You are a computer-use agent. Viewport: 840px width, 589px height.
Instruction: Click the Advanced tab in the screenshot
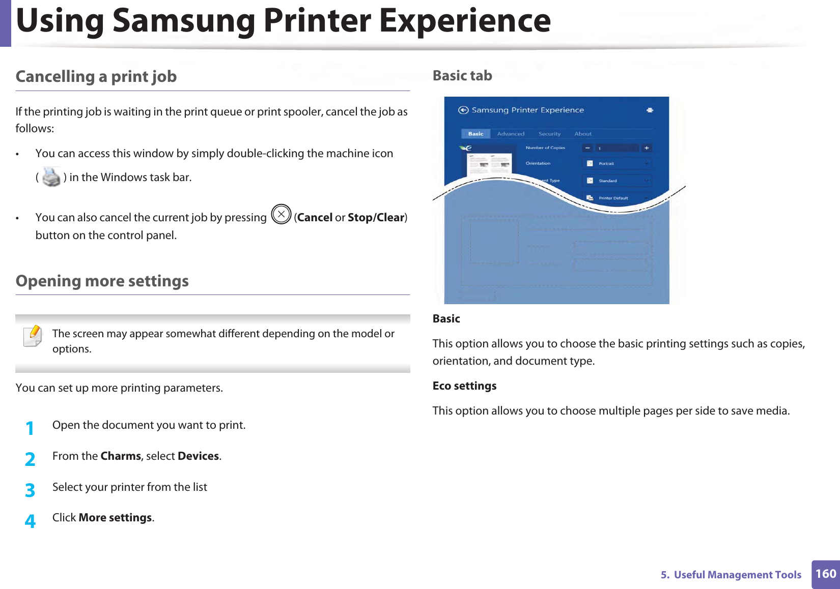click(x=510, y=134)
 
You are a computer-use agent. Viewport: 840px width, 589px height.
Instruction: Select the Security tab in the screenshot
click(x=549, y=134)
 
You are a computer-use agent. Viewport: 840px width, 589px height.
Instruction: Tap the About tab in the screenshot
click(x=583, y=134)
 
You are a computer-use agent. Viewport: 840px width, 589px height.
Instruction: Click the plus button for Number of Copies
click(x=647, y=148)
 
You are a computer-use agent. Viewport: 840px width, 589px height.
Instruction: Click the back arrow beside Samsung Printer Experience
click(x=463, y=110)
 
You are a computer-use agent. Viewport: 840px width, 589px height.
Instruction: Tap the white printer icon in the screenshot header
click(x=650, y=110)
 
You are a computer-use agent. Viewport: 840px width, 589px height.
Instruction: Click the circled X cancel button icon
click(x=281, y=214)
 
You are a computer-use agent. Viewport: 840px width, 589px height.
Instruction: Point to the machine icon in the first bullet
click(x=51, y=177)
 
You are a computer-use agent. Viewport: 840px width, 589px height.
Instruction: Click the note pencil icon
click(x=33, y=336)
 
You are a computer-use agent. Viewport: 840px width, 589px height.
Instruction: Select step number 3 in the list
click(x=30, y=490)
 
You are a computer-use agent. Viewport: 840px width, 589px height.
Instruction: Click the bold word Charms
click(x=121, y=456)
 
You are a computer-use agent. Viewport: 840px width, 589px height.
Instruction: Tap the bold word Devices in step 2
click(x=198, y=456)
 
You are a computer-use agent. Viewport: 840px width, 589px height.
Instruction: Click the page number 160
click(x=825, y=574)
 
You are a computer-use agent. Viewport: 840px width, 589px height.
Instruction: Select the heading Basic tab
click(x=462, y=76)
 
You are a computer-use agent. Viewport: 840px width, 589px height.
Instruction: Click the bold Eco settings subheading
click(x=464, y=386)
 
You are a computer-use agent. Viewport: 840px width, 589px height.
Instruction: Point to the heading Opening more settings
click(x=102, y=281)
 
